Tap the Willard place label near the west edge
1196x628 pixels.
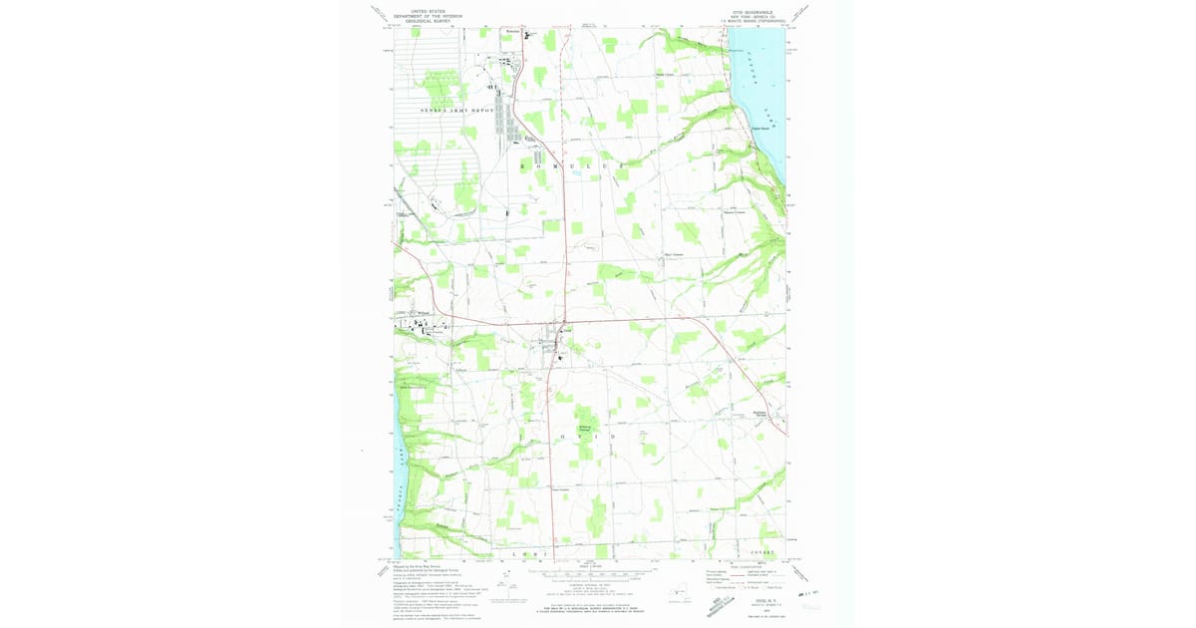[423, 313]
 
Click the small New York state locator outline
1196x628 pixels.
[681, 596]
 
